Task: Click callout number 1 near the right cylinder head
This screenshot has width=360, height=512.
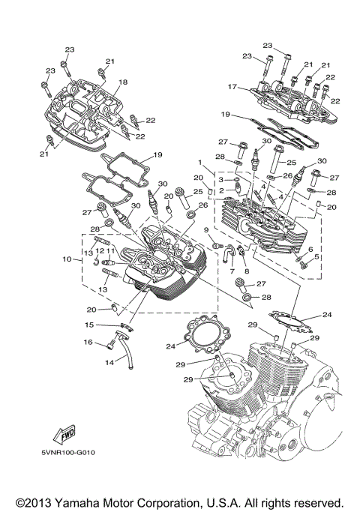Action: click(199, 163)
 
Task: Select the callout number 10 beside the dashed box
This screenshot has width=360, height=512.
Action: click(67, 259)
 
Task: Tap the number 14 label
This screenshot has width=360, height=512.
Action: click(110, 361)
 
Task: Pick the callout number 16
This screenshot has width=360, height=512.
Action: click(88, 343)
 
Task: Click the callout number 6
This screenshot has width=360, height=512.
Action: click(310, 249)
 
